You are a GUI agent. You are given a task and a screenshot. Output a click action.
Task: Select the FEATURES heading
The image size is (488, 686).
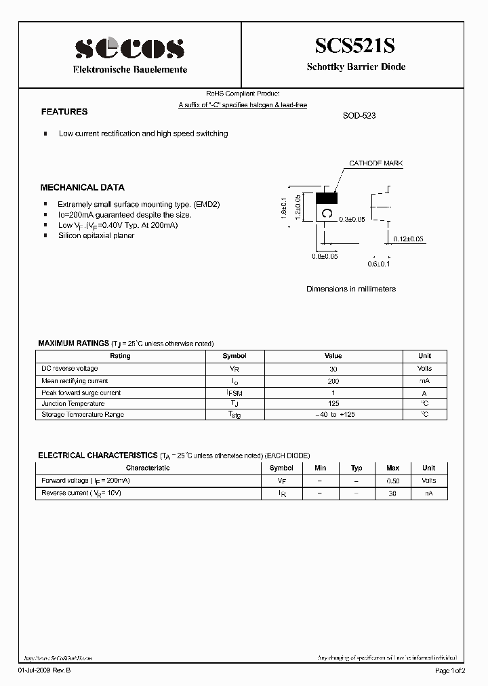click(64, 112)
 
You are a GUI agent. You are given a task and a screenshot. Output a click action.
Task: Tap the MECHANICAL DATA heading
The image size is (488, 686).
click(82, 188)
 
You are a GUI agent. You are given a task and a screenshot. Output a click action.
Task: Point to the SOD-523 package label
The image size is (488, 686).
click(359, 116)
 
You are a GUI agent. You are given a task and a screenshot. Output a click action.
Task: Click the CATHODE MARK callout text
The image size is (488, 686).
click(375, 164)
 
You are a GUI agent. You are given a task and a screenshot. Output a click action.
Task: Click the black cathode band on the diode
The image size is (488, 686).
click(327, 198)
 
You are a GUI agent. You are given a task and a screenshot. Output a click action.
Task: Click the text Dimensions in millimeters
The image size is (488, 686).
click(351, 289)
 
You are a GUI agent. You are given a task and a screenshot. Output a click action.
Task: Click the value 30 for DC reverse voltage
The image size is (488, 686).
click(333, 369)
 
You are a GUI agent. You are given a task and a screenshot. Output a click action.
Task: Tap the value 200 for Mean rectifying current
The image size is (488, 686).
click(333, 381)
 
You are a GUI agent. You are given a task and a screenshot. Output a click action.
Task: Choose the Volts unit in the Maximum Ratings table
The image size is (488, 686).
click(424, 369)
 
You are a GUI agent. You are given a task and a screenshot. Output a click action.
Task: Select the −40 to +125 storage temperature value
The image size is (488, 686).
click(333, 415)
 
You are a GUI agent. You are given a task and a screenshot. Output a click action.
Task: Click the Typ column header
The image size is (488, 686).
click(357, 468)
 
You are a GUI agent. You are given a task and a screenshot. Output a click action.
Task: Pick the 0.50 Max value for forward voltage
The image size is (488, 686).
click(392, 481)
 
